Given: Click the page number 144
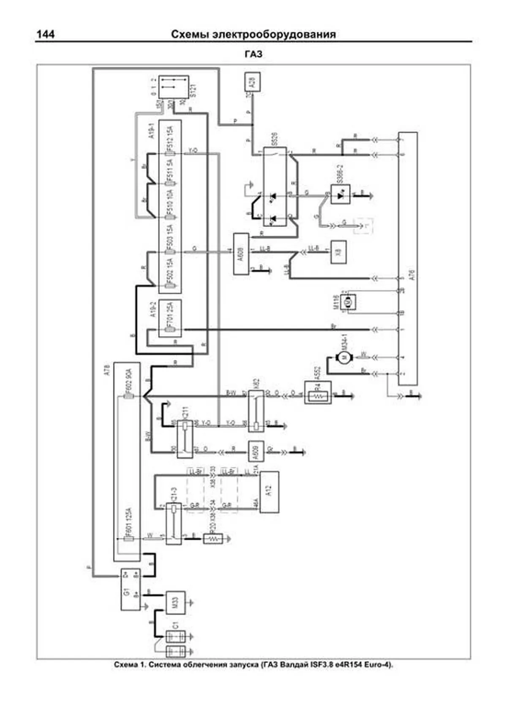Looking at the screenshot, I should pyautogui.click(x=46, y=34).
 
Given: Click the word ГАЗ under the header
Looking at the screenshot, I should pyautogui.click(x=253, y=54).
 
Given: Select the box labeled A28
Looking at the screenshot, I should pyautogui.click(x=253, y=82).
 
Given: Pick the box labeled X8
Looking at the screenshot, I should pyautogui.click(x=338, y=252).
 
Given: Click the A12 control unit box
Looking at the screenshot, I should pyautogui.click(x=269, y=491).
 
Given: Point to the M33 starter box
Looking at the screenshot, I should pyautogui.click(x=175, y=602).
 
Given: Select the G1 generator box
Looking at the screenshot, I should pyautogui.click(x=130, y=589).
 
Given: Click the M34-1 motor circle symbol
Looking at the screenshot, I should pyautogui.click(x=343, y=357).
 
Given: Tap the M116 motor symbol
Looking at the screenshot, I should pyautogui.click(x=349, y=302).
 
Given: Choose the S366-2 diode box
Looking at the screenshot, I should pyautogui.click(x=340, y=194).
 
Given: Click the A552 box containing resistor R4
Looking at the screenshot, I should pyautogui.click(x=318, y=393).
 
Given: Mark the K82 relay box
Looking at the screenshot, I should pyautogui.click(x=256, y=411).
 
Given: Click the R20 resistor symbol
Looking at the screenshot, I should pyautogui.click(x=213, y=539).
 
